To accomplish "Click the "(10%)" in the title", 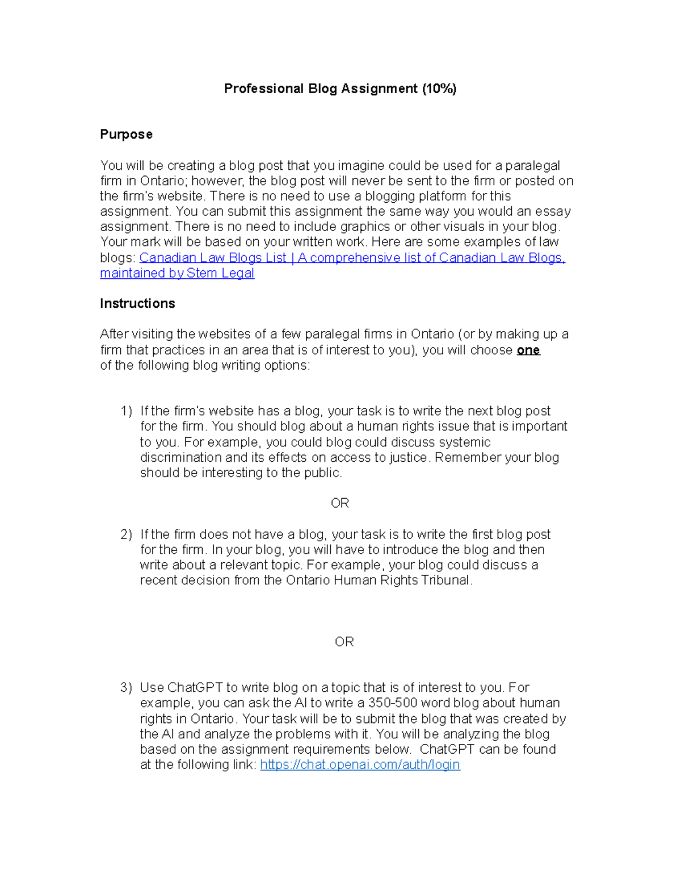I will pos(439,89).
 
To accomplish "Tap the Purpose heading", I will pos(126,135).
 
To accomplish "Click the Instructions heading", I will pos(137,303).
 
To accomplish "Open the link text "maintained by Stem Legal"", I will pos(177,273).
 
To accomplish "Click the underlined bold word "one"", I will pos(528,350).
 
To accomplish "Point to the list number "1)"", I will pos(126,411).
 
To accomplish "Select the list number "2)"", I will pos(126,534).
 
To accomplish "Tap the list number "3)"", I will pos(126,688).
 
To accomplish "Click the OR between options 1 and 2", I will pos(340,503).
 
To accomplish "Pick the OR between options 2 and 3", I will pos(344,642).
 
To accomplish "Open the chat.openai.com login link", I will pos(360,765).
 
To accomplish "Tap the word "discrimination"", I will pos(181,458).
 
